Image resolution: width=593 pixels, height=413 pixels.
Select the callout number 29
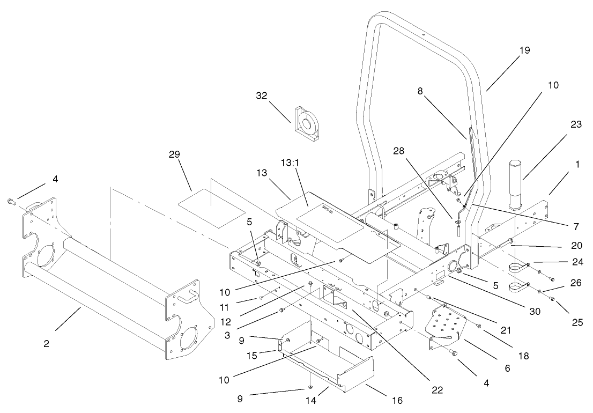(174, 154)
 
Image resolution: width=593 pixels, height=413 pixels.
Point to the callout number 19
(524, 50)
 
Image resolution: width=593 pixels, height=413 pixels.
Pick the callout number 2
(47, 344)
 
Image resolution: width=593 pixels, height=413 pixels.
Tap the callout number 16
(396, 400)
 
